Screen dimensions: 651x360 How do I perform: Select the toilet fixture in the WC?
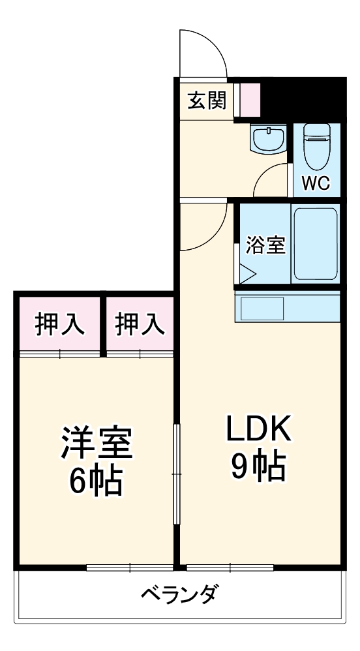coord(318,146)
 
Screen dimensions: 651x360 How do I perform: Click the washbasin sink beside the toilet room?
coord(267,138)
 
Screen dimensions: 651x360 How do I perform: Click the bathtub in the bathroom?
coord(314,243)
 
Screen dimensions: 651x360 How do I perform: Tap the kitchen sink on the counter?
coord(262,308)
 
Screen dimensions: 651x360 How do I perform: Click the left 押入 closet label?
coord(59,324)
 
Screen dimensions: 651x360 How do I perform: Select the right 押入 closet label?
coord(140,324)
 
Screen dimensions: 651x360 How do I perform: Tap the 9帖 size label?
coord(258,466)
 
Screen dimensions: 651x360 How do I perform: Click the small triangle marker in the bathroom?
coord(248,273)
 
